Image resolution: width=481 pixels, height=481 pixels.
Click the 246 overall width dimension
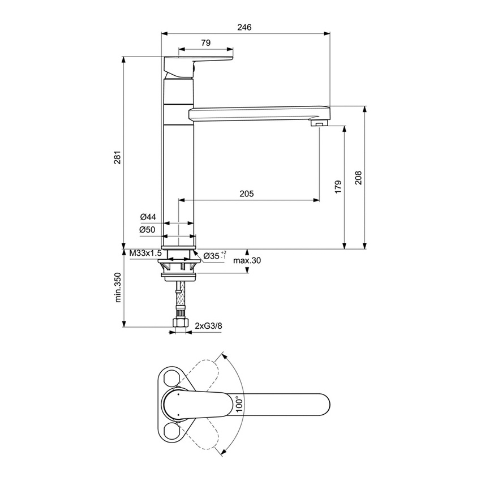[x=244, y=27]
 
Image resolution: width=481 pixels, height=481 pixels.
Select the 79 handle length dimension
[x=205, y=43]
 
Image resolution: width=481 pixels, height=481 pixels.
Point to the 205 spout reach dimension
[x=246, y=194]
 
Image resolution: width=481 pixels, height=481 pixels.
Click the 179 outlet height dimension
[x=338, y=187]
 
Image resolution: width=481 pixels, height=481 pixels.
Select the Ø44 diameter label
[x=148, y=217]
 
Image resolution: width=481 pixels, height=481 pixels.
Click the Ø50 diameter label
[x=148, y=229]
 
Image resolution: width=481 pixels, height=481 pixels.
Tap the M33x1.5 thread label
[x=145, y=254]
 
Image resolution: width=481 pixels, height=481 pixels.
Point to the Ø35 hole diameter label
[x=214, y=255]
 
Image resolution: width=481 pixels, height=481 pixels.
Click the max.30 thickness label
[x=248, y=260]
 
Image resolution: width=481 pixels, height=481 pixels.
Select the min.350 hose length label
[x=118, y=287]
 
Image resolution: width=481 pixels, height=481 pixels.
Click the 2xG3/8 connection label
[x=208, y=326]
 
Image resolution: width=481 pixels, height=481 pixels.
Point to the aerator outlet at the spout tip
[x=320, y=123]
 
